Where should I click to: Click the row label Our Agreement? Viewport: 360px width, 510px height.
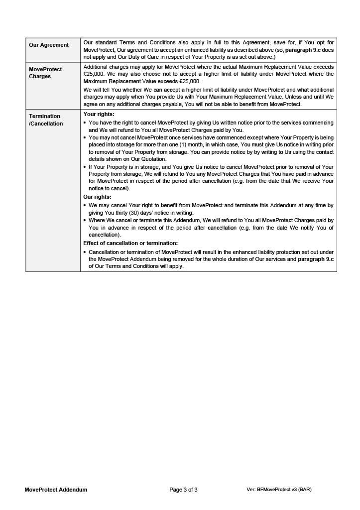pos(49,45)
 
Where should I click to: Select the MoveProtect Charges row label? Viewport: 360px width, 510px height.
pos(45,73)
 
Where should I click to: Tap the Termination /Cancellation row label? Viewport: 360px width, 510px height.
pos(46,120)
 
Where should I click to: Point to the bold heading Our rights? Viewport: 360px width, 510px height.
pos(97,197)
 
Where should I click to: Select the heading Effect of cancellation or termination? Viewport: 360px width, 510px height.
pos(130,243)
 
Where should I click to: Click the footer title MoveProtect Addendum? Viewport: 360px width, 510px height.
pos(56,490)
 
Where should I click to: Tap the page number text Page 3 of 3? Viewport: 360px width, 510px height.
pos(183,490)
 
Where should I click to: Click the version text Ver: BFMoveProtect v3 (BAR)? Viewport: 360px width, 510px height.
pos(279,490)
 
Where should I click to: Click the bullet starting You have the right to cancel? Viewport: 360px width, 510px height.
pos(85,123)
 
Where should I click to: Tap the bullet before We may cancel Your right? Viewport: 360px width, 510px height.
pos(85,205)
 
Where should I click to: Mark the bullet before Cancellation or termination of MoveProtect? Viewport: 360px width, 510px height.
pos(85,252)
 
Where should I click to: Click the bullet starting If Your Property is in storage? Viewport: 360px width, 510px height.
pos(85,167)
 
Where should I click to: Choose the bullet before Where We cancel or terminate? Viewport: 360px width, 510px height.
pos(85,220)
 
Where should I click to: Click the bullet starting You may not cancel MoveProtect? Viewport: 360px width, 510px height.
pos(85,137)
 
